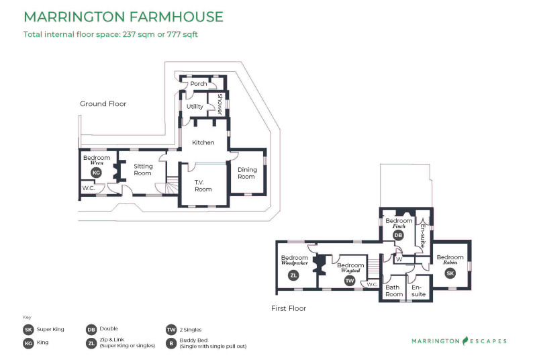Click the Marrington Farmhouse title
(124, 17)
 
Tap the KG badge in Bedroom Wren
(96, 173)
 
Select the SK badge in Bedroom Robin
(450, 273)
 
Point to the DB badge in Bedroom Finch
(398, 235)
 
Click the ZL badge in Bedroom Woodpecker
(293, 275)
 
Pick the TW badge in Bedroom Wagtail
(350, 281)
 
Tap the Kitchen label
(203, 142)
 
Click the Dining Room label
(247, 173)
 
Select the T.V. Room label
(203, 185)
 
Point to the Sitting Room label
(143, 169)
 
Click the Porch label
(199, 83)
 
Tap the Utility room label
(195, 107)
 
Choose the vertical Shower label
(220, 104)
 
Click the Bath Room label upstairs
(394, 291)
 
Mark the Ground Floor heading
(103, 104)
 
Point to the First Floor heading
(289, 308)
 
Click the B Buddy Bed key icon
(171, 343)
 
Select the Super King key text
(50, 329)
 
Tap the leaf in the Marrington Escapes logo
(465, 341)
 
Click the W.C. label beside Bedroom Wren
(89, 188)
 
